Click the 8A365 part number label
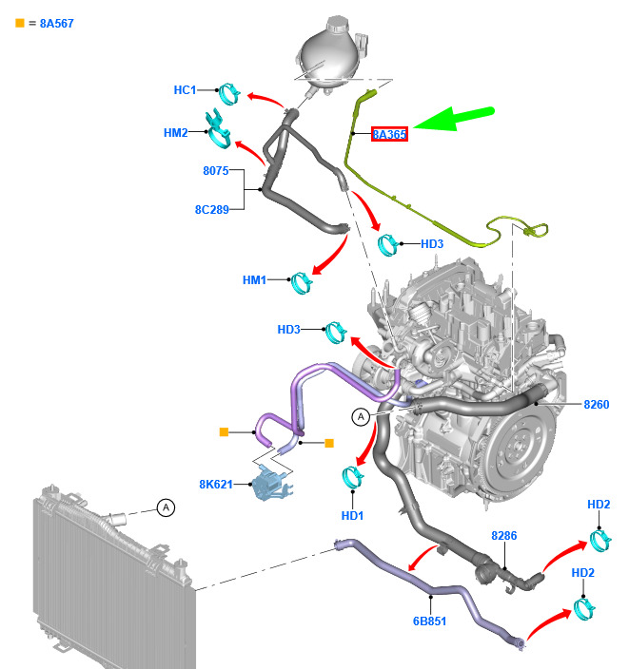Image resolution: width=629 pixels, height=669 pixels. coord(389,134)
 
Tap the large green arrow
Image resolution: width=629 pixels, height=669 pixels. coord(454,119)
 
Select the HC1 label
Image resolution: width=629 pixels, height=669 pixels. coord(185,90)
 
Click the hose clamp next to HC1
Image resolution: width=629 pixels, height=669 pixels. coord(229,94)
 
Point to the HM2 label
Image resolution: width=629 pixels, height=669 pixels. coord(176,133)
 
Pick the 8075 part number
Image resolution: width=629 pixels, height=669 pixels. coord(216,171)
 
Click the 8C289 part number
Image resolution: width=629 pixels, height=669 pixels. coord(212,209)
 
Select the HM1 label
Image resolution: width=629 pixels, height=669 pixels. coord(254,280)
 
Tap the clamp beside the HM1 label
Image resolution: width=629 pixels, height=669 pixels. coord(302,283)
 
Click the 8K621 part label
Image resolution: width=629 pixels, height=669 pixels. coord(216,485)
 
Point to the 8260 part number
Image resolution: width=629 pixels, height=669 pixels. coord(597,405)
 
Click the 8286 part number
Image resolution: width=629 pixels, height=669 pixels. coord(504,535)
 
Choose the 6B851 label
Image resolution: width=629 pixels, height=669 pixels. coord(429,621)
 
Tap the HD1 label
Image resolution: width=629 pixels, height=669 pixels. coord(352,516)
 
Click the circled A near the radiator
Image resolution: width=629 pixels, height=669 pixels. coord(166,507)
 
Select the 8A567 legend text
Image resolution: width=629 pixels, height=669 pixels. coord(57,24)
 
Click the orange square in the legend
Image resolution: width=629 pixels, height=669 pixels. coord(20,23)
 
